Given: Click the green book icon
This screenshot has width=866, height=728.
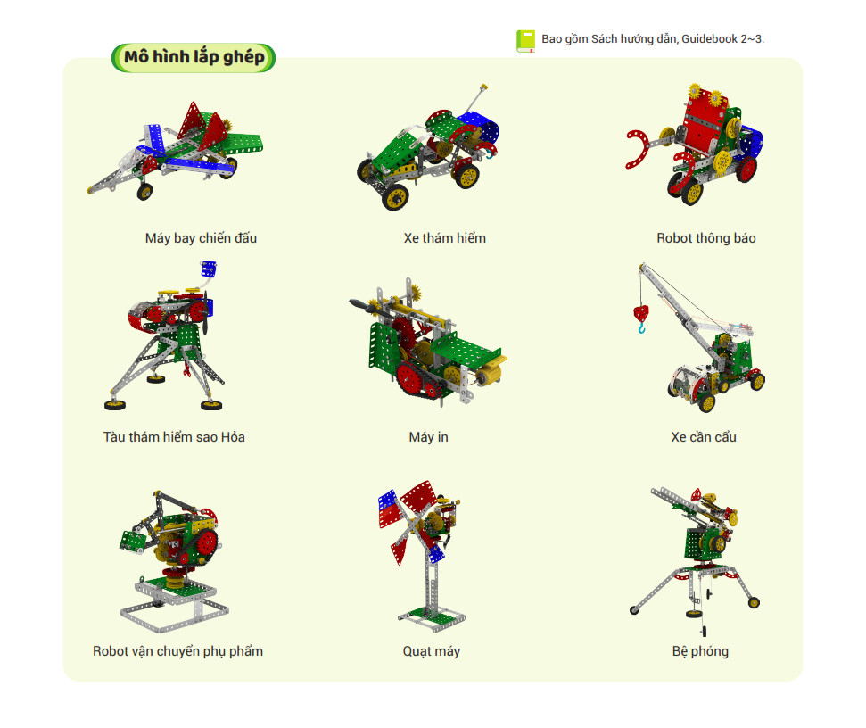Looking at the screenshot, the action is point(525,41).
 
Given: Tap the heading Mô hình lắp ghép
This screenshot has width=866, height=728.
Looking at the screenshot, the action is point(194,57).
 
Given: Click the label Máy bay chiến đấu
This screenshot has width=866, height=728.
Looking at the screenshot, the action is point(201,238).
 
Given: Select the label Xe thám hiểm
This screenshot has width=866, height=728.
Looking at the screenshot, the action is point(445,238).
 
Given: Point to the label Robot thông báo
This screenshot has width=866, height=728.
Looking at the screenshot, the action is point(705,238).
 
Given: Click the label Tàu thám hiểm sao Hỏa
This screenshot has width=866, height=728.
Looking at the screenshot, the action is point(174,437).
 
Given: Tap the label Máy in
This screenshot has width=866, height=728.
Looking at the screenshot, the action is point(429,437).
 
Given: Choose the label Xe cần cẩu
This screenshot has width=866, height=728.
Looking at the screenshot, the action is point(704,437).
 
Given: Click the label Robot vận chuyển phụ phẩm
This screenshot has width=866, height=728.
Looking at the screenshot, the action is point(177,651).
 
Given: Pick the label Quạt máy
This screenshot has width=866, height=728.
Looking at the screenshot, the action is point(432,651).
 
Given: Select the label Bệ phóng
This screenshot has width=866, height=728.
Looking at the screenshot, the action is point(700,651).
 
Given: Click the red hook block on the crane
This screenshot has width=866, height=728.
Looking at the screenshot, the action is point(640,313).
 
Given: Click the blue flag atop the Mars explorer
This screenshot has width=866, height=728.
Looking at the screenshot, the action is point(208,269).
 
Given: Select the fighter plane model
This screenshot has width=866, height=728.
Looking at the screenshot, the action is point(175,149).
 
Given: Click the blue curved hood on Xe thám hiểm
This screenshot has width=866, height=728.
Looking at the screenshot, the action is point(480,128).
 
